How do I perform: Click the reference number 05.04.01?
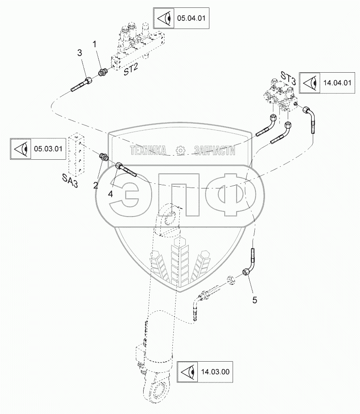(191, 18)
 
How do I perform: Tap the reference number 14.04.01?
(337, 82)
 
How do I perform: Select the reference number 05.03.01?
(48, 149)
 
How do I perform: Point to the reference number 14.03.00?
(215, 372)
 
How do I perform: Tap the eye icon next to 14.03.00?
(188, 372)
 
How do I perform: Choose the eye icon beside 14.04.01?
(310, 83)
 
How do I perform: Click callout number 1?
(95, 44)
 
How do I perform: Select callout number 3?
(80, 53)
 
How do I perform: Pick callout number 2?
(95, 186)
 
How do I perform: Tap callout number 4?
(110, 194)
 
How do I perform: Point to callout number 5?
(255, 300)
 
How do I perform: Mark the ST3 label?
(288, 78)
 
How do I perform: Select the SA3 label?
(70, 181)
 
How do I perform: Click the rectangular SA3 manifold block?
(76, 154)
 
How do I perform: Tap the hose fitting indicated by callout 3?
(81, 84)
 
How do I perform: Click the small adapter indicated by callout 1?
(102, 72)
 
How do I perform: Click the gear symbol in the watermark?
(181, 151)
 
